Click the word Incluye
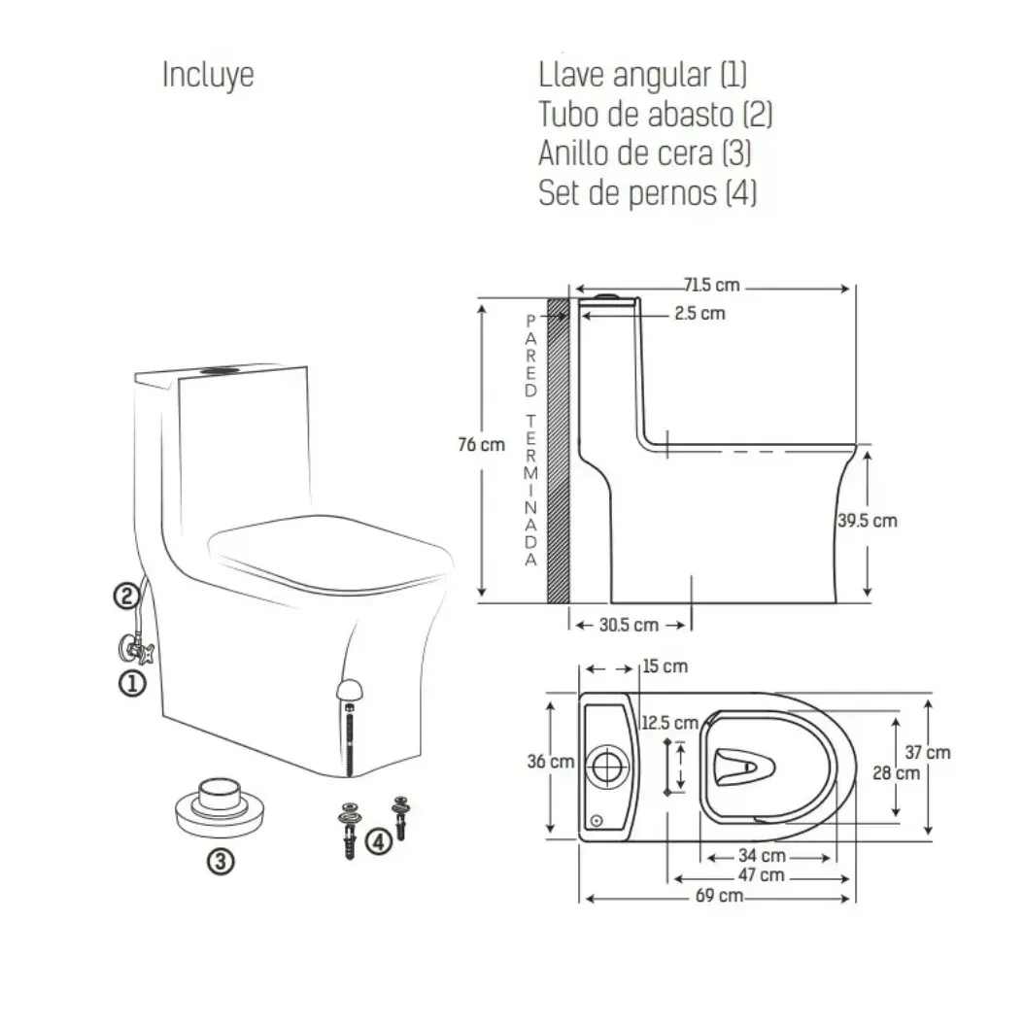[208, 75]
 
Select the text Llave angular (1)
[642, 75]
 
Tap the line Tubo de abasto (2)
[655, 115]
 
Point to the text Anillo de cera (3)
[644, 154]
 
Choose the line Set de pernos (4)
[647, 192]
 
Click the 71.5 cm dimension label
[712, 286]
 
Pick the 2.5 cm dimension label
[700, 314]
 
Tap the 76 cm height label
[481, 445]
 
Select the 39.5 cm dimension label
[868, 521]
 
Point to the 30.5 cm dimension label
[629, 625]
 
